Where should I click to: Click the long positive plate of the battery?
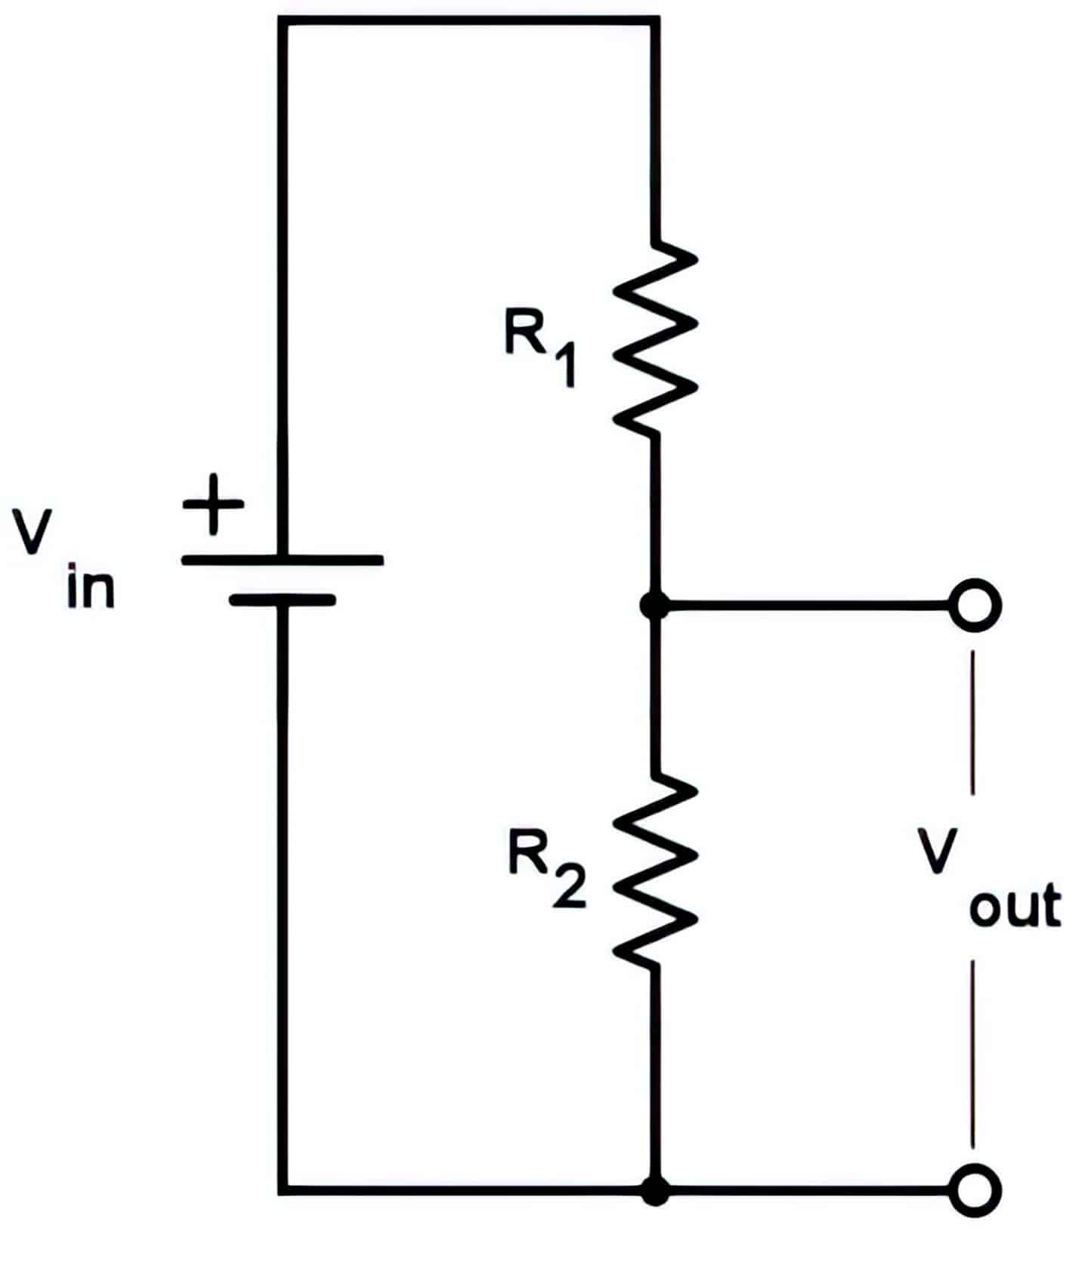(283, 561)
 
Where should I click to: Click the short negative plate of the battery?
(283, 601)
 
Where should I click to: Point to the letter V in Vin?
(32, 532)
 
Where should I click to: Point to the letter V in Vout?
(939, 851)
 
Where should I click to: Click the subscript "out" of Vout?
(1015, 907)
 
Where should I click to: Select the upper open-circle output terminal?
(975, 605)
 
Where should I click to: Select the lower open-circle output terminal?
(975, 1190)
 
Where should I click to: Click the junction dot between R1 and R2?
(654, 605)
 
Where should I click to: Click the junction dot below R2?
(654, 1190)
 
